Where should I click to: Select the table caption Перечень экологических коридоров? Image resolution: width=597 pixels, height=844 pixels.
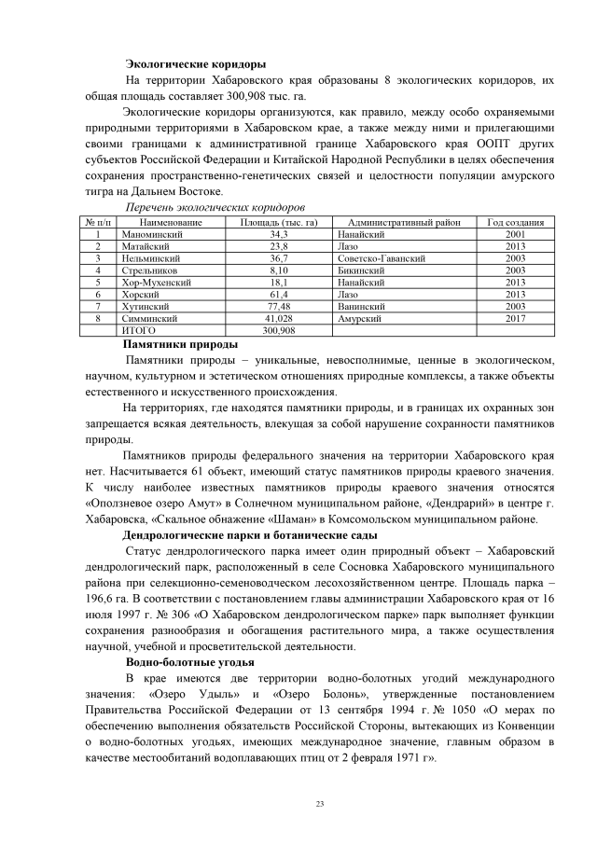click(x=216, y=208)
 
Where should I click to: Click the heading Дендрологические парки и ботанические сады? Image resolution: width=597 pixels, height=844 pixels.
click(x=250, y=535)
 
